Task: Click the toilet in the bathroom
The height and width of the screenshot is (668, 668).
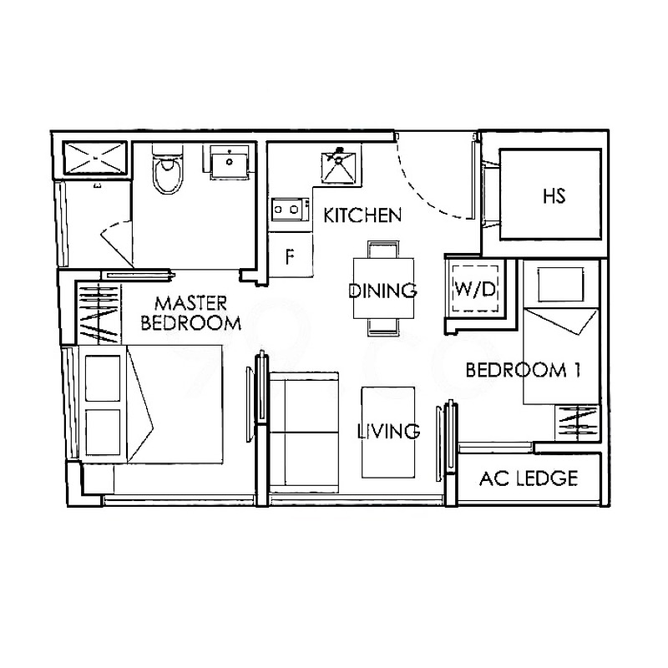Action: pyautogui.click(x=167, y=172)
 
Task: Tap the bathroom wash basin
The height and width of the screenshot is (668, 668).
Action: pyautogui.click(x=229, y=162)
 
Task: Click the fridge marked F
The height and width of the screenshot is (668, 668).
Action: pyautogui.click(x=289, y=256)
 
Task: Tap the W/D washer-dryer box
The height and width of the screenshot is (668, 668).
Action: pyautogui.click(x=474, y=289)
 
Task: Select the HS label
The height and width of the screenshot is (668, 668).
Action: pyautogui.click(x=554, y=197)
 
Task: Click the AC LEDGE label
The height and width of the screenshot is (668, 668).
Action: pyautogui.click(x=528, y=478)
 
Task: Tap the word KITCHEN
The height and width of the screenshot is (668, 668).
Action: pyautogui.click(x=362, y=215)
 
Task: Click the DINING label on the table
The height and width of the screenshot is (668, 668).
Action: pyautogui.click(x=382, y=291)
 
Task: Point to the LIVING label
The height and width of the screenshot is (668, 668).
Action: pyautogui.click(x=387, y=432)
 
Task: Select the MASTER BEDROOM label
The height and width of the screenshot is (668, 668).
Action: pyautogui.click(x=191, y=312)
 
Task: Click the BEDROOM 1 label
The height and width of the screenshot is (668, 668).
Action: pyautogui.click(x=522, y=370)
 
